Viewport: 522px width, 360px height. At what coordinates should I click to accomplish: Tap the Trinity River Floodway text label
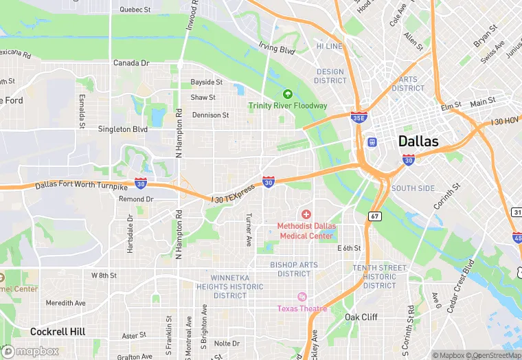point(288,106)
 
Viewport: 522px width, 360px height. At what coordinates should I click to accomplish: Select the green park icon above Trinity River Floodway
point(288,94)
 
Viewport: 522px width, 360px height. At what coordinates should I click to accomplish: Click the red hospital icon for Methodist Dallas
point(306,215)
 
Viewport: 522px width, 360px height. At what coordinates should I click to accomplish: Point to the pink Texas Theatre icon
point(302,297)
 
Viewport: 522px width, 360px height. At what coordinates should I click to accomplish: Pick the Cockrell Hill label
point(58,332)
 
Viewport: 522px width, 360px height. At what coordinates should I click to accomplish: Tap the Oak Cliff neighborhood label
point(361,317)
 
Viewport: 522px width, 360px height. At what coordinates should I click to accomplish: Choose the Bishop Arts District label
point(295,269)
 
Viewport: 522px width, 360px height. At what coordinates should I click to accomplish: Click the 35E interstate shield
point(358,118)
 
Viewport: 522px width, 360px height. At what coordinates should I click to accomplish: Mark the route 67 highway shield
point(374,216)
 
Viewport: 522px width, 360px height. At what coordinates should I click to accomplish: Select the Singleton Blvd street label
point(123,129)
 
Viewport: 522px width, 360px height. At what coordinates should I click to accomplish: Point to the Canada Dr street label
point(131,63)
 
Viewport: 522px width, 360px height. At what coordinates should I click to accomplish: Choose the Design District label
point(330,76)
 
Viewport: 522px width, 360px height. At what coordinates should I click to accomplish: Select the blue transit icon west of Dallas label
point(372,142)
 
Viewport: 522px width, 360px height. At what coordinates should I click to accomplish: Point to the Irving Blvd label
point(276,49)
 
